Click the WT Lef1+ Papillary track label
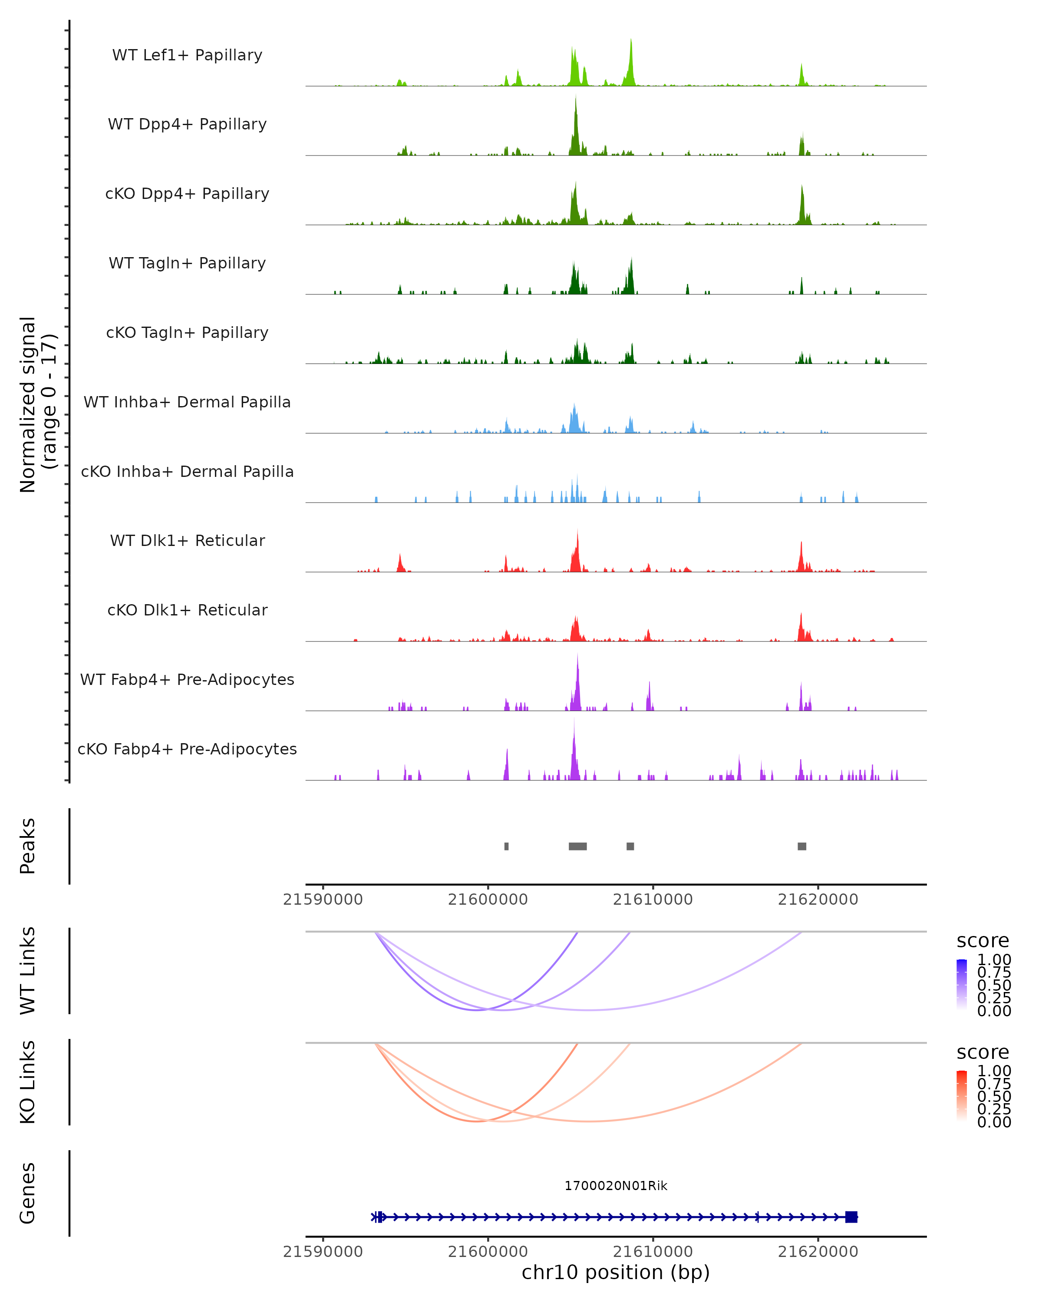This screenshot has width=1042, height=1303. pos(187,55)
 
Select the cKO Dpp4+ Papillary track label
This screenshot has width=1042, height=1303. pos(187,193)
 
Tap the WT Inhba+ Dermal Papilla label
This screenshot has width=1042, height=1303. pos(187,402)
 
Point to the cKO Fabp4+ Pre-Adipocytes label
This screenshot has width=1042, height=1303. pos(187,749)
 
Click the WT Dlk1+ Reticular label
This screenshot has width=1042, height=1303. pos(187,540)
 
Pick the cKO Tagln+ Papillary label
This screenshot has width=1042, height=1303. pos(187,332)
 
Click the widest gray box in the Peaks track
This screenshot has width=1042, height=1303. pos(577,846)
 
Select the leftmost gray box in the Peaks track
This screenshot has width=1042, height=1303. pos(506,846)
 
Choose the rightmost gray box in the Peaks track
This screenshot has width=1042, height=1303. pos(801,846)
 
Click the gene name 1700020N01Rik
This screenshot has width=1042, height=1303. pos(616,1186)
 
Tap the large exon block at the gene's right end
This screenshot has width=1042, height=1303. pos(851,1217)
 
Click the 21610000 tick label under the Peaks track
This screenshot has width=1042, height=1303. pos(653,900)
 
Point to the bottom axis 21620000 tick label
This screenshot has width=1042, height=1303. pos(818,1252)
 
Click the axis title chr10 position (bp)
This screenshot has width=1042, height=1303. pos(616,1273)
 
